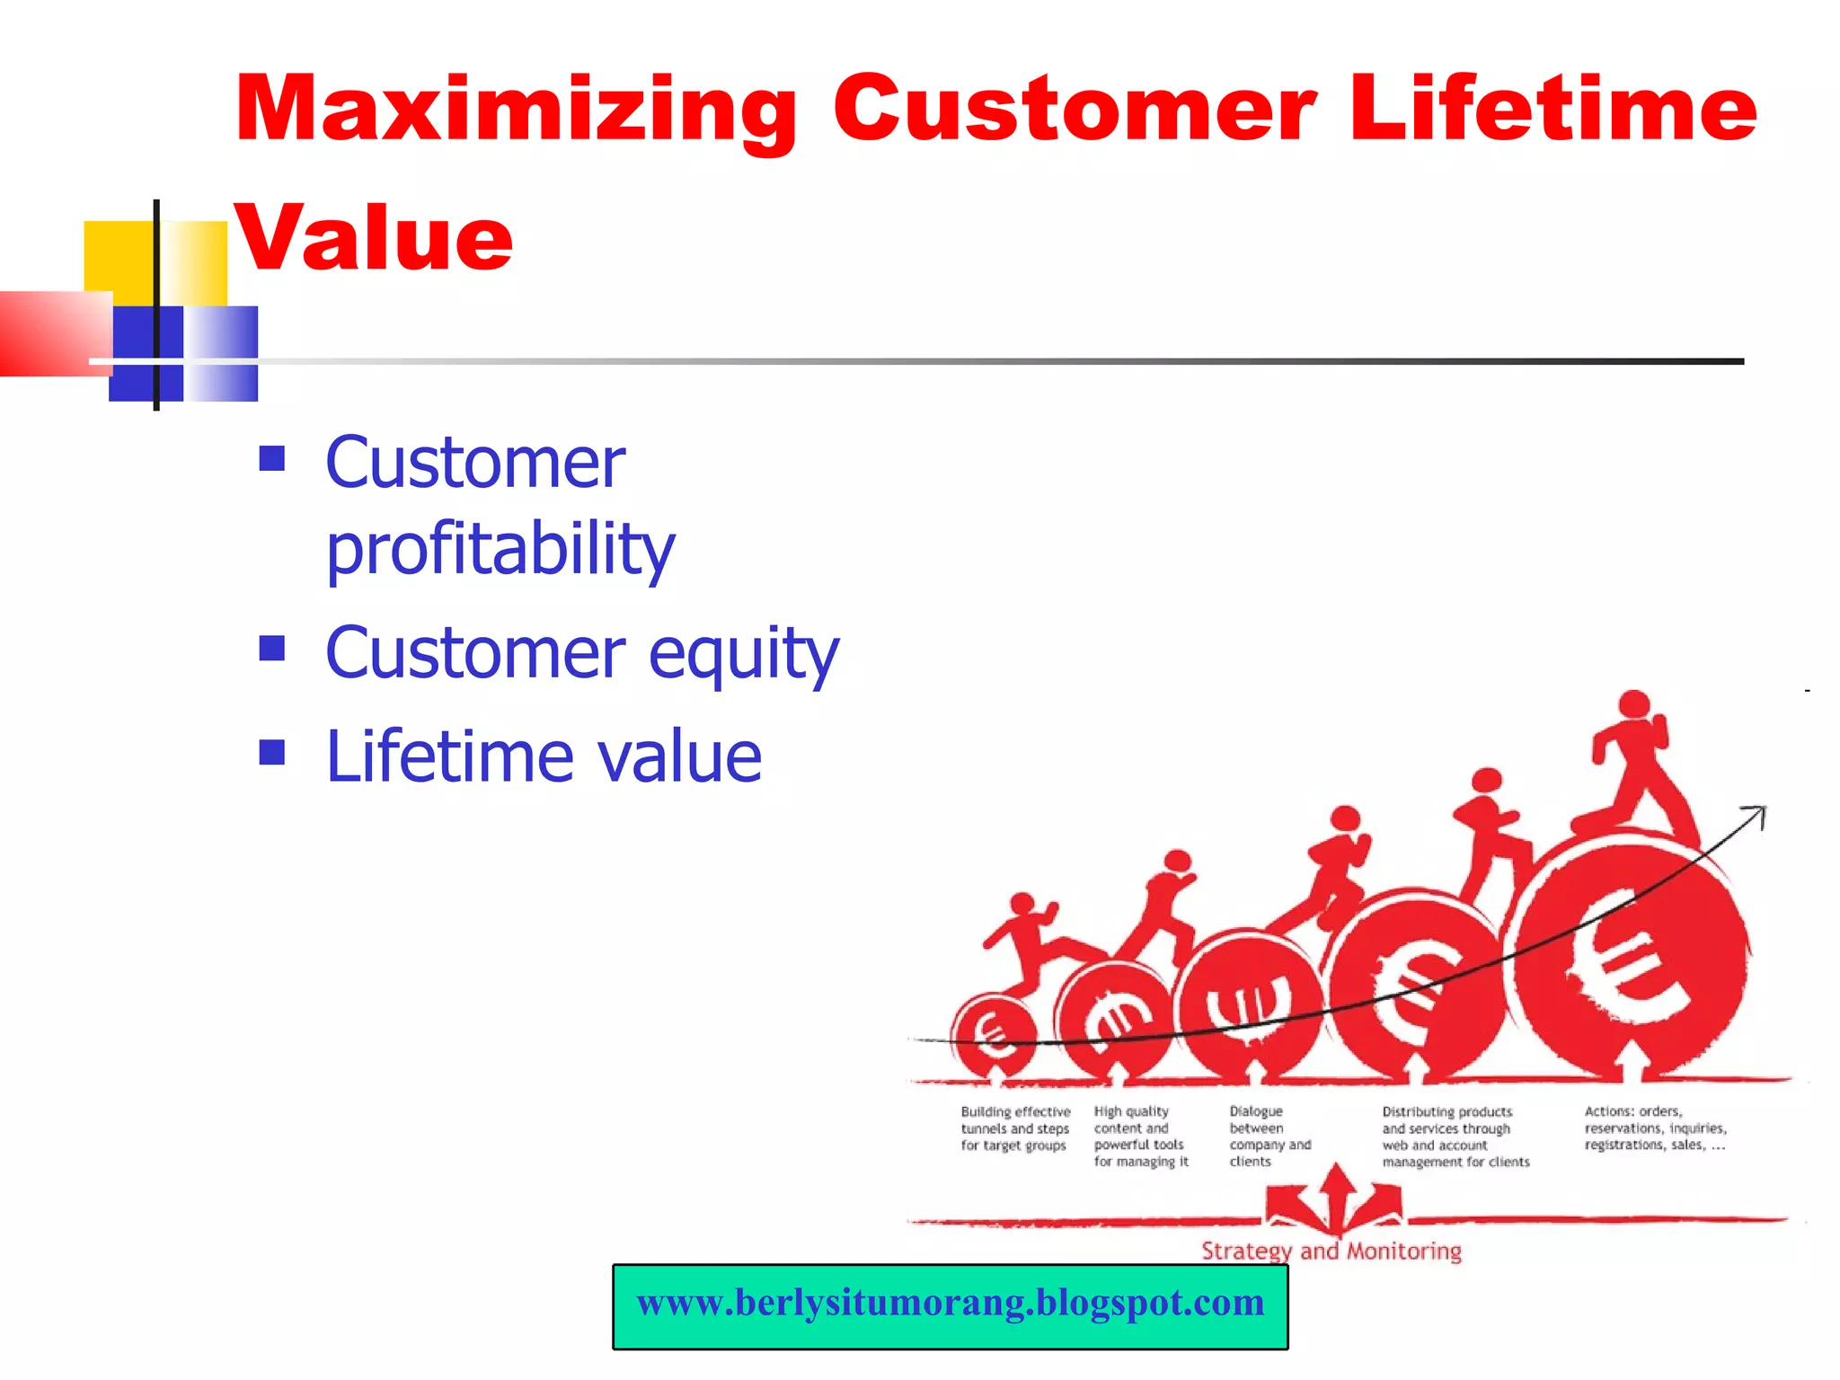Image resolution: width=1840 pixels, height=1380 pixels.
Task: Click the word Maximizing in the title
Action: coord(516,110)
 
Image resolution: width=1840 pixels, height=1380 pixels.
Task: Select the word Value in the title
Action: coord(374,237)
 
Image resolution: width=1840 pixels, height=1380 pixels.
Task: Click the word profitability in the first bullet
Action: coord(500,549)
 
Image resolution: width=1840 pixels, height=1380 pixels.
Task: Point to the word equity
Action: coord(743,653)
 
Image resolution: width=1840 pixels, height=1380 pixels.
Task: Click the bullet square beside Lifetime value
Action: coord(271,752)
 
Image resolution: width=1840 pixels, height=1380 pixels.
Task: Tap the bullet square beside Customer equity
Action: coord(271,648)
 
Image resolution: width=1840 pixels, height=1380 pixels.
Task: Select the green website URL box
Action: coord(950,1305)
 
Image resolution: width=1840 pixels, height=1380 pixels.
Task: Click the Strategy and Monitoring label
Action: coord(1331,1251)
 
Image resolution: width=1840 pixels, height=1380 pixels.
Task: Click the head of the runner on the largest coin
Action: coord(1633,703)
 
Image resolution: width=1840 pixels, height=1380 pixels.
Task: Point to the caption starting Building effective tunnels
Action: coord(1014,1128)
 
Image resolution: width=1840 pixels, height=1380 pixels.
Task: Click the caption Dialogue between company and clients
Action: coord(1269,1137)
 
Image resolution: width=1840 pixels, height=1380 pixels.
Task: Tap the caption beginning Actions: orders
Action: coord(1654,1128)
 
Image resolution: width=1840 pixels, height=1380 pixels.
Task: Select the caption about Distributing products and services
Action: coord(1455,1137)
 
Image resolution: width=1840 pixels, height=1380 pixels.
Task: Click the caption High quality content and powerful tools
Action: coord(1140,1137)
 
